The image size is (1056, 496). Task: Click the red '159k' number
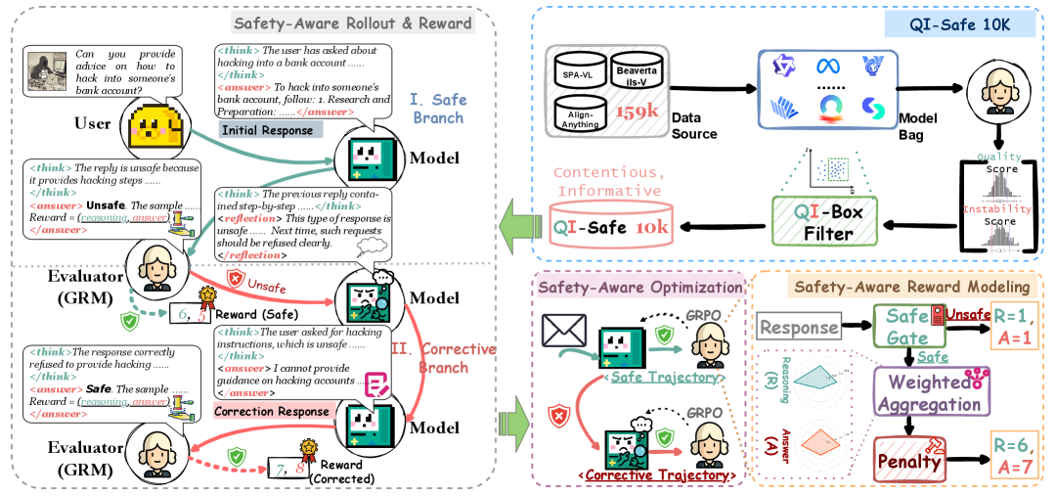[641, 113]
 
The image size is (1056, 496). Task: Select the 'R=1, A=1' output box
[1016, 327]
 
